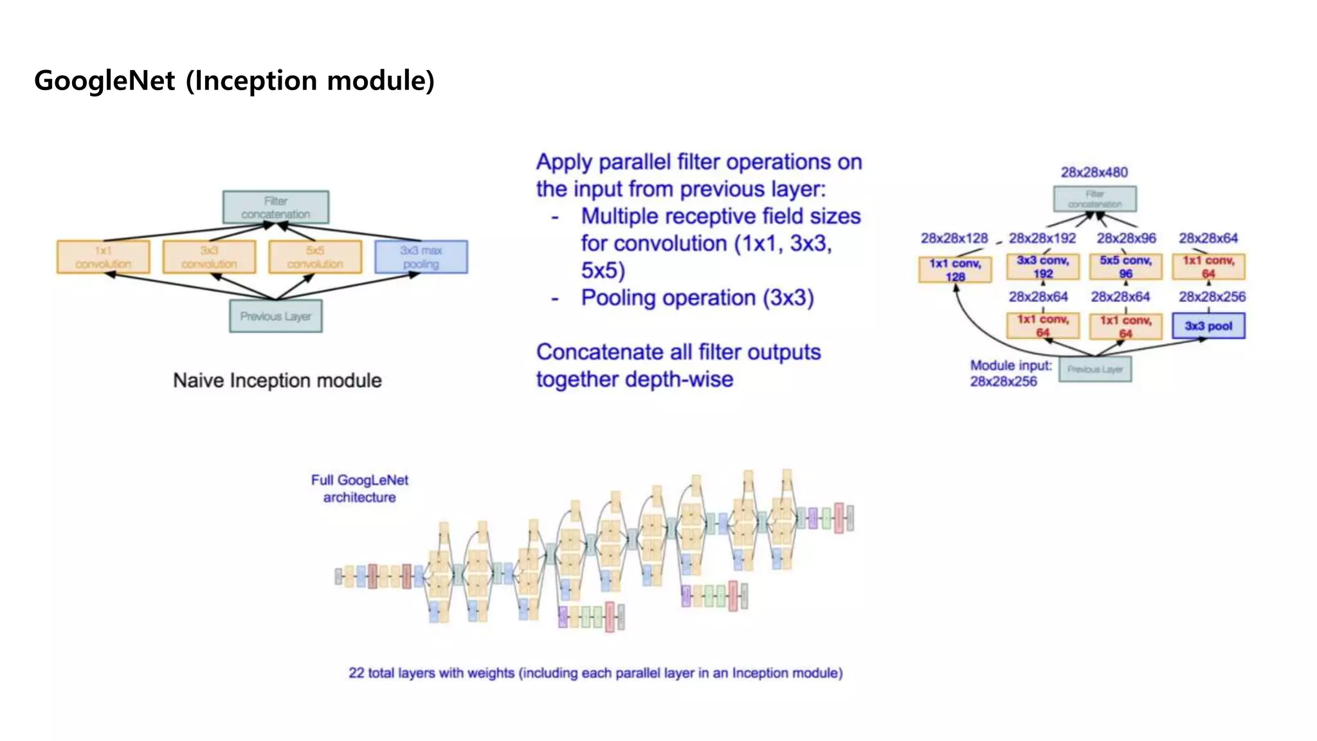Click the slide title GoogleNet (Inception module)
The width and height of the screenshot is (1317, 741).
pos(234,81)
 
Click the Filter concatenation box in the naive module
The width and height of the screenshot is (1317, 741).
pos(275,207)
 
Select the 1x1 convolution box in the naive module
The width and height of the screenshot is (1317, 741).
pos(103,257)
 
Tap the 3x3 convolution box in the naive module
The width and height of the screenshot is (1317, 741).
pos(209,257)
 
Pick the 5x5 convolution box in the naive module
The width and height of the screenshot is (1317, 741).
pos(315,257)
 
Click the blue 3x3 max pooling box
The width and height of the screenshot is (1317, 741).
pos(421,257)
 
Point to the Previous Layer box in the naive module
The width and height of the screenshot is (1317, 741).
pos(275,316)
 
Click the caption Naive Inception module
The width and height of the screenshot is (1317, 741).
pos(277,380)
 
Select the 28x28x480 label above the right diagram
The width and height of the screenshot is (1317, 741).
pos(1094,172)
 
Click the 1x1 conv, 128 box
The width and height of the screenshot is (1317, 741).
pos(955,270)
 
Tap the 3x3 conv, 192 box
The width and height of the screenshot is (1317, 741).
pos(1042,266)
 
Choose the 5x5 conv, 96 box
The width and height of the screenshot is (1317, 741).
pos(1125,266)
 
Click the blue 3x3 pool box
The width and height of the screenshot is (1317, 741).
pos(1208,325)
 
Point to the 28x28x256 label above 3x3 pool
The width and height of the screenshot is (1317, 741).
pos(1212,297)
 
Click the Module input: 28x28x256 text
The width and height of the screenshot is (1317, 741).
pos(1010,373)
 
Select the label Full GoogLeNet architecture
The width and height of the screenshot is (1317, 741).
pos(359,488)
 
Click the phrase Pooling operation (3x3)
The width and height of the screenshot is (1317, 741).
pos(697,298)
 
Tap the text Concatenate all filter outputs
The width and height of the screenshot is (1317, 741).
pos(678,352)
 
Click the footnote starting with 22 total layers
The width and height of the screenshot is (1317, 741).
pos(595,673)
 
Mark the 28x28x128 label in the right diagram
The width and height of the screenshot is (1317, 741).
pos(954,238)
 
